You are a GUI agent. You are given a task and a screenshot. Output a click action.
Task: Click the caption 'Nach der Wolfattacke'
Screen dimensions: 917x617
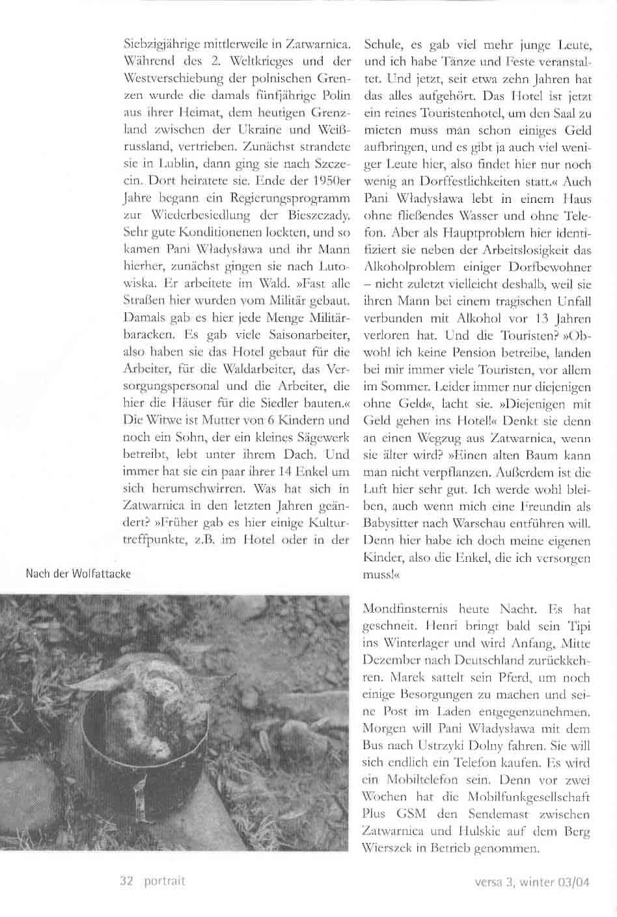pos(78,574)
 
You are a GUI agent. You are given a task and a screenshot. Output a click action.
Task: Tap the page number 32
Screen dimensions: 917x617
pos(127,881)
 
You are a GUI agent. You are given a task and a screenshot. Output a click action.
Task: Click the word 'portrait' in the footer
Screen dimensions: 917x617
pos(165,881)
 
